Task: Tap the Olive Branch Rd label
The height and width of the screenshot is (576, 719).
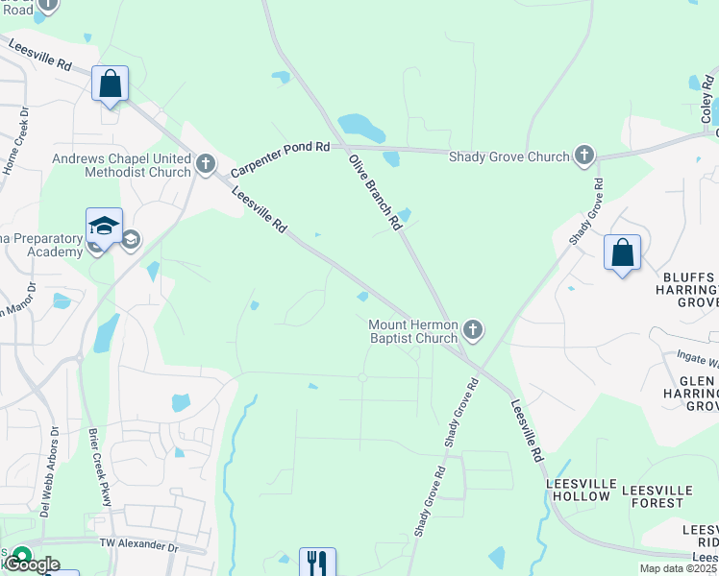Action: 375,192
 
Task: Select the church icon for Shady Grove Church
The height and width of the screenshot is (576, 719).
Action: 583,156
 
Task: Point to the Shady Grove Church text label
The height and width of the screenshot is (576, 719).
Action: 508,156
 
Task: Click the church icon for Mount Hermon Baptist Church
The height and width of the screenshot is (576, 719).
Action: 472,331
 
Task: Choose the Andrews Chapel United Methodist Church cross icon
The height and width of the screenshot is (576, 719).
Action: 205,165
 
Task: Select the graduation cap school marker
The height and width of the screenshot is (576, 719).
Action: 104,227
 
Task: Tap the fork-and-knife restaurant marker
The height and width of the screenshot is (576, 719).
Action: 317,562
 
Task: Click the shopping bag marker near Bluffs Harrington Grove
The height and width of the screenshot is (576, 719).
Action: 623,253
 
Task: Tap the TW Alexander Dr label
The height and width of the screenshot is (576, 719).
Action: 139,544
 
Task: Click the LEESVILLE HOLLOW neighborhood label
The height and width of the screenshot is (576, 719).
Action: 578,490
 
